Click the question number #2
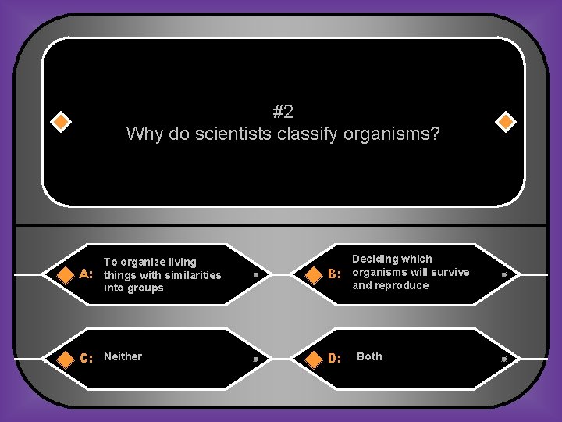point(283,112)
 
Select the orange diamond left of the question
point(61,123)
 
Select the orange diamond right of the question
point(506,123)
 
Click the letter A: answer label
point(87,274)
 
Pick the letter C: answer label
point(87,359)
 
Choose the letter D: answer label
point(334,359)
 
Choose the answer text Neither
point(123,356)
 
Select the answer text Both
point(369,356)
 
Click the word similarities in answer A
point(192,275)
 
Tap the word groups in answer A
point(147,288)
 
